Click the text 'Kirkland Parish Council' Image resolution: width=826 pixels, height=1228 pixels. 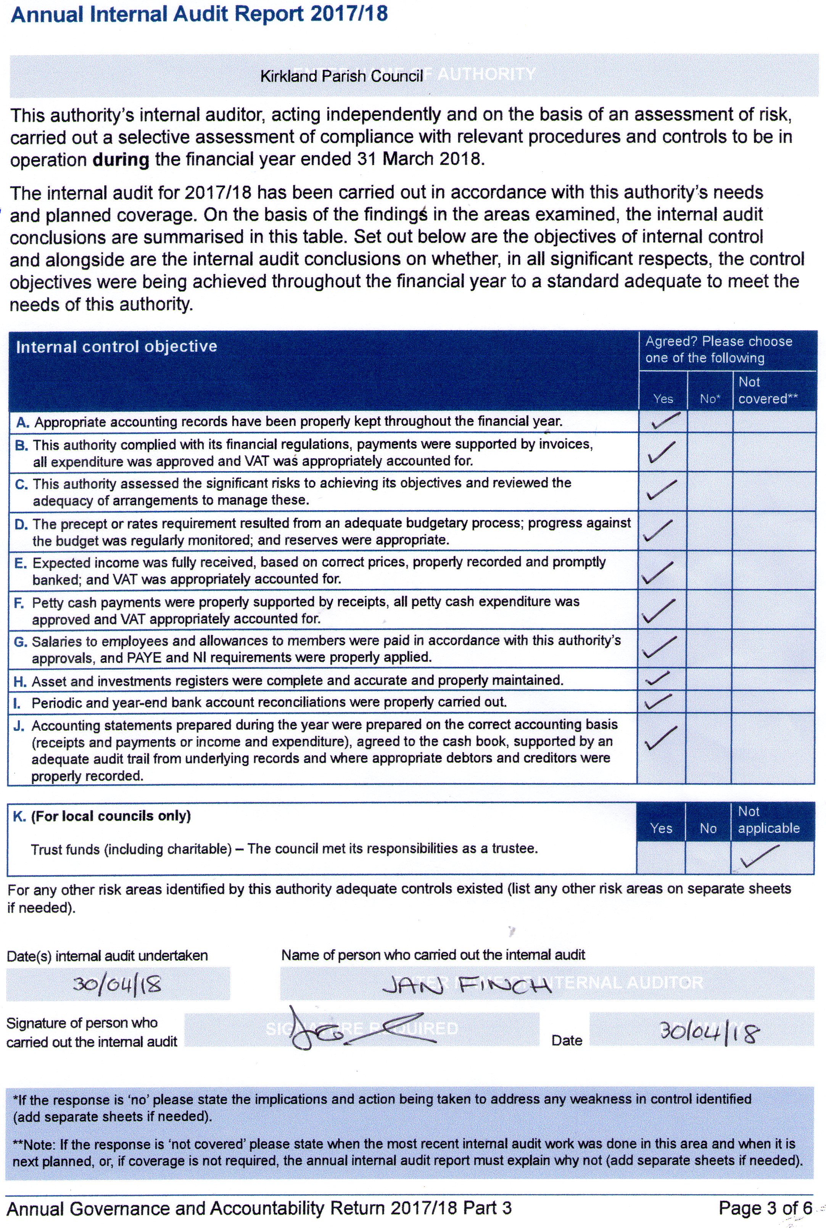(x=341, y=76)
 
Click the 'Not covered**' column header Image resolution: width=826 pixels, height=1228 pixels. (x=768, y=390)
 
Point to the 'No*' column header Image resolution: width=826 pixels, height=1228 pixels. (x=710, y=399)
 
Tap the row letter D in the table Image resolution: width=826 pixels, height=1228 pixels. (x=21, y=524)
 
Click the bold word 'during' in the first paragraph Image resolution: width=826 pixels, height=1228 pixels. (x=121, y=160)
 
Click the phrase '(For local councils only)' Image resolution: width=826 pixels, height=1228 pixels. (x=111, y=816)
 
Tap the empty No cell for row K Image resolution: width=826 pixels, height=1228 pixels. (x=708, y=857)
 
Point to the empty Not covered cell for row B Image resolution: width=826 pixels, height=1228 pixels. (x=773, y=452)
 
